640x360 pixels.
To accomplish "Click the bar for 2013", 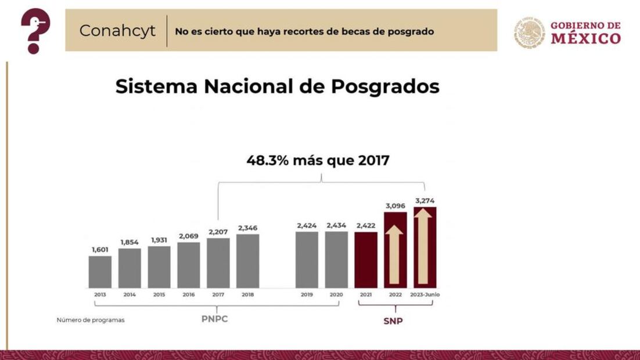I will [100, 272].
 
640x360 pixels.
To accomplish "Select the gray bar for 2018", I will [247, 261].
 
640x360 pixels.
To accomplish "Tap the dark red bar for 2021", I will [366, 260].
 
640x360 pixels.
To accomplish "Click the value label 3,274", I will [425, 201].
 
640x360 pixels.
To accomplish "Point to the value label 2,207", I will [218, 232].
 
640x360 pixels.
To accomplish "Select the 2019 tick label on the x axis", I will [307, 295].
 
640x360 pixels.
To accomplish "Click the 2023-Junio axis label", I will [425, 295].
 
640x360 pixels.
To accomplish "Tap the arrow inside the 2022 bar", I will [395, 254].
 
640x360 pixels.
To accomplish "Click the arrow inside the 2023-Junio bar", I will [425, 247].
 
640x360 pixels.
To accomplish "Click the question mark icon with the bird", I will [35, 31].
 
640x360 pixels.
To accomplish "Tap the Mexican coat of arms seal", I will [529, 32].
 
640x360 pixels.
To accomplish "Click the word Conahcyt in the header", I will [117, 31].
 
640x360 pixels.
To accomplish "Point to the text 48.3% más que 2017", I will [318, 160].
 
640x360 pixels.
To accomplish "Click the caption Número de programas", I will [91, 320].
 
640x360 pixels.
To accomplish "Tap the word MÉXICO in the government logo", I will [585, 39].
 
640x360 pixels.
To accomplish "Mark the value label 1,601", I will [100, 250].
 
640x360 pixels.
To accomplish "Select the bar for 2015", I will [159, 267].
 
